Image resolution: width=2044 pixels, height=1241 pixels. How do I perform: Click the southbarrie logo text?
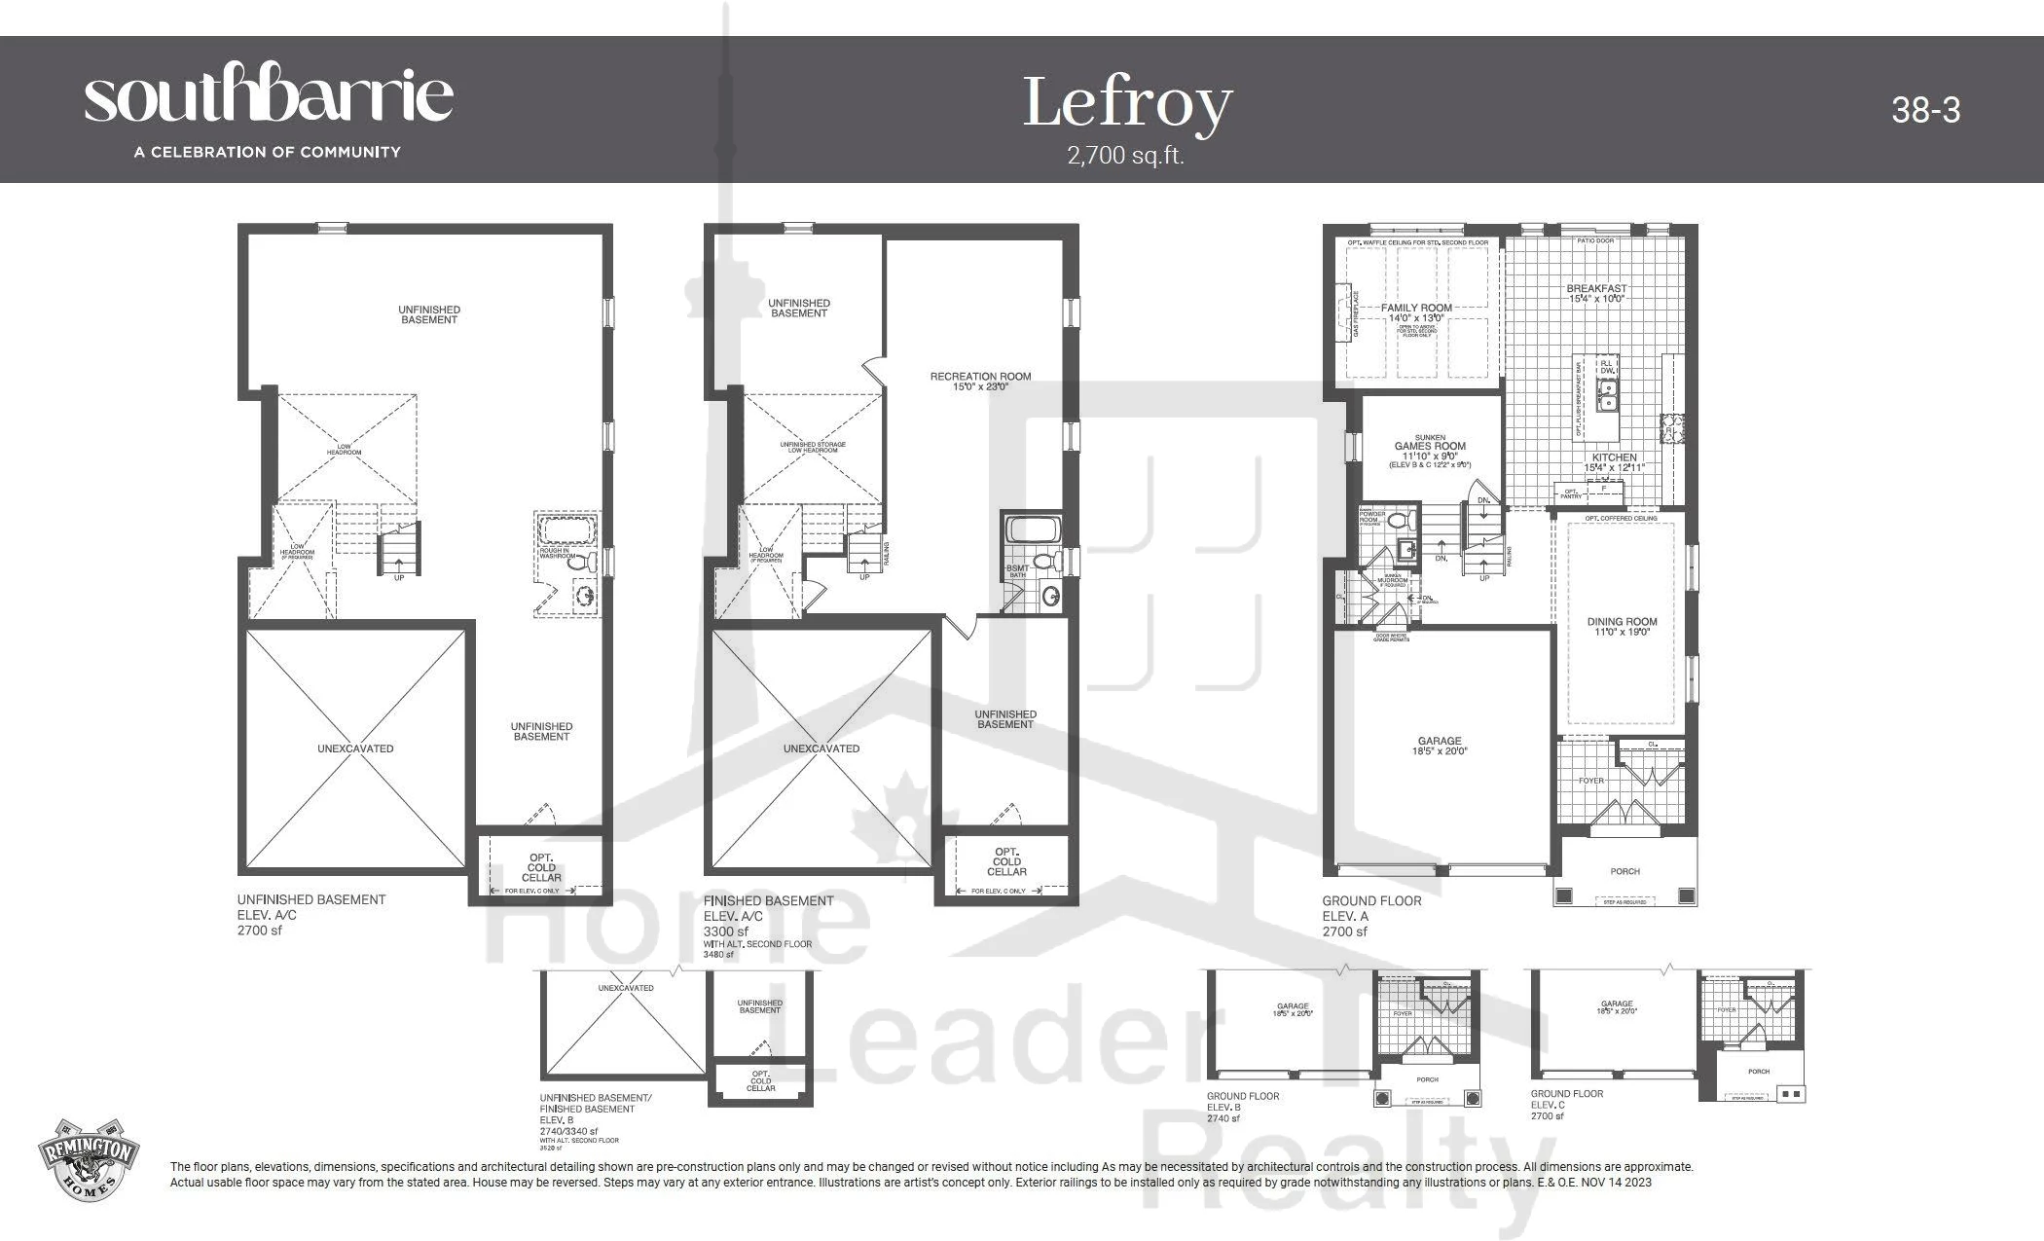[269, 95]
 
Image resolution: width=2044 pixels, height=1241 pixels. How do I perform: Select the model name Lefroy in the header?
[1127, 103]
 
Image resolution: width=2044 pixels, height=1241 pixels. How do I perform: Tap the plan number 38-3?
[1925, 110]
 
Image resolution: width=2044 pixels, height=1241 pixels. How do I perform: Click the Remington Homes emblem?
[88, 1159]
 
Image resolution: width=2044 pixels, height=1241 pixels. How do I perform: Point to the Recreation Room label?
[980, 381]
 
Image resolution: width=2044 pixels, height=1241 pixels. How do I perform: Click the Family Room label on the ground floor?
[1416, 312]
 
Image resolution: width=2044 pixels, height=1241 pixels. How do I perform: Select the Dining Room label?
[1622, 626]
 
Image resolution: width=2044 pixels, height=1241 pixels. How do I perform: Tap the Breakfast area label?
[1596, 293]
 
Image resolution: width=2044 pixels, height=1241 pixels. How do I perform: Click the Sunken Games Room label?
[1430, 447]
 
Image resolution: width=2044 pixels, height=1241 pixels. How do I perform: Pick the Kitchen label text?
[1614, 461]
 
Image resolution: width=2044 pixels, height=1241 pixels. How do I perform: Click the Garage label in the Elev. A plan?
[1440, 746]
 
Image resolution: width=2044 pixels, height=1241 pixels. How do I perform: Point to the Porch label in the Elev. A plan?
[1624, 871]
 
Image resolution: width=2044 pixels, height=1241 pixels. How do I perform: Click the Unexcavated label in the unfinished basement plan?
[355, 748]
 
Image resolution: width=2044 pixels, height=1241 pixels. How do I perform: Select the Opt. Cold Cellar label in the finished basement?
[1006, 861]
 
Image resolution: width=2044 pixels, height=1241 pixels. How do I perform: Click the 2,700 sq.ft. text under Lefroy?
[1125, 156]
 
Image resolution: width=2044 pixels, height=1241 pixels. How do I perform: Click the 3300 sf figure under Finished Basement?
[726, 931]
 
